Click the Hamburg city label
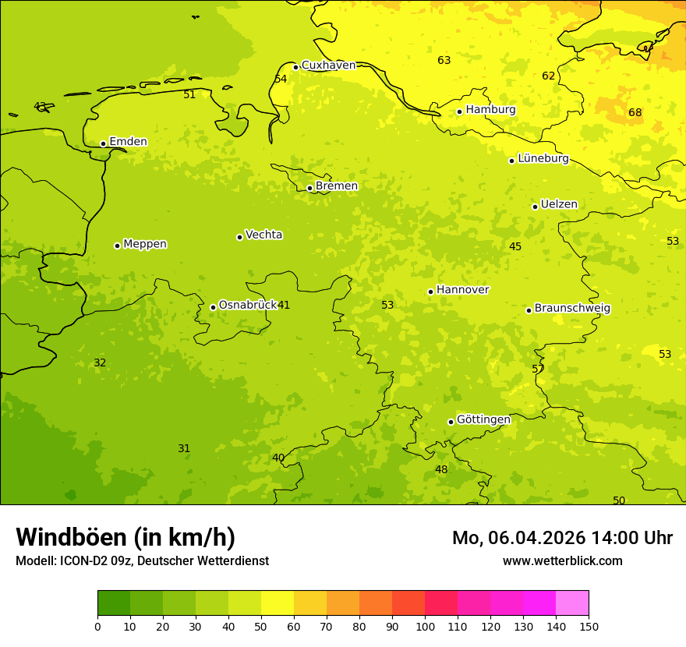pyautogui.click(x=490, y=110)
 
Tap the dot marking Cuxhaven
pyautogui.click(x=295, y=67)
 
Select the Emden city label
pyautogui.click(x=128, y=142)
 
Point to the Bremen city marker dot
pyautogui.click(x=309, y=188)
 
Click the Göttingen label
pyautogui.click(x=483, y=420)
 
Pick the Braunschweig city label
pyautogui.click(x=572, y=309)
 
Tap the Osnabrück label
pyautogui.click(x=248, y=306)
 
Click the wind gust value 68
pyautogui.click(x=635, y=113)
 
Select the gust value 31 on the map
pyautogui.click(x=184, y=449)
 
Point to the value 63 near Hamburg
pyautogui.click(x=444, y=61)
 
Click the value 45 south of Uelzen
pyautogui.click(x=515, y=247)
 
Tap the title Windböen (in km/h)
pyautogui.click(x=126, y=537)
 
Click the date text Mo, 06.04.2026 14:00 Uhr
pyautogui.click(x=562, y=538)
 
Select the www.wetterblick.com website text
pyautogui.click(x=562, y=561)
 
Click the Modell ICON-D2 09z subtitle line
pyautogui.click(x=142, y=561)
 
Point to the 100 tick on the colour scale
pyautogui.click(x=425, y=626)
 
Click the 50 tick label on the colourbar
pyautogui.click(x=261, y=626)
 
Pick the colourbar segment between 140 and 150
pyautogui.click(x=572, y=603)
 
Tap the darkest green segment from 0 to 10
pyautogui.click(x=114, y=603)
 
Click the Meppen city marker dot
pyautogui.click(x=117, y=246)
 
